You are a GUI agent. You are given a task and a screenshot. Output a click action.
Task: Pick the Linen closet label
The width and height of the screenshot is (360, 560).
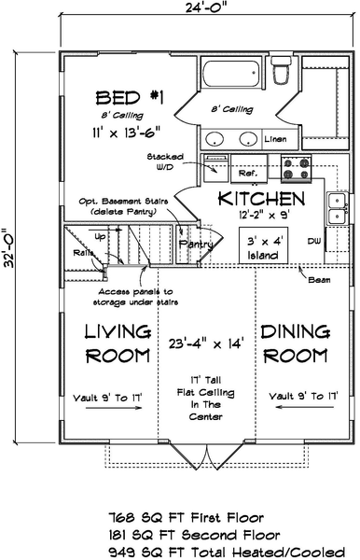click(275, 138)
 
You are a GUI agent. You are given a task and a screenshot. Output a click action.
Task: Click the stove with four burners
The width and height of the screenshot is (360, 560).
click(297, 169)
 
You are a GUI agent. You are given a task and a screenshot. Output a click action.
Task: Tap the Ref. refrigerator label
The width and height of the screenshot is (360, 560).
click(248, 173)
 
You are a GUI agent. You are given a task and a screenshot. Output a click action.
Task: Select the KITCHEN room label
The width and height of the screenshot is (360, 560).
click(261, 199)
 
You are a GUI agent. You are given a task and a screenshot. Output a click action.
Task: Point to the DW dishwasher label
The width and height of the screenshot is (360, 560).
click(313, 242)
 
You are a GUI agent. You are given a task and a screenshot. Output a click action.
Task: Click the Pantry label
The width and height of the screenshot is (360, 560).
click(197, 244)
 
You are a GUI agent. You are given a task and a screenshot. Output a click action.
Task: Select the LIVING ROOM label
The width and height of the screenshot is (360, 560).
click(118, 343)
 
